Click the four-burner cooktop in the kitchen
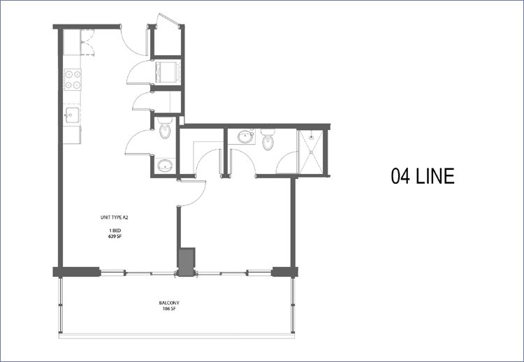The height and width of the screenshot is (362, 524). [x=73, y=79]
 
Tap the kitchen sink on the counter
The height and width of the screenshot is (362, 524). [x=72, y=115]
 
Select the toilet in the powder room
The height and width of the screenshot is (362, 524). [x=165, y=128]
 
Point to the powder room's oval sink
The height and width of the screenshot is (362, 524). [x=165, y=166]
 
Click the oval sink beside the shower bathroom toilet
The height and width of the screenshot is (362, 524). [x=247, y=136]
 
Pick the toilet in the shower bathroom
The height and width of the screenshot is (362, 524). [x=268, y=140]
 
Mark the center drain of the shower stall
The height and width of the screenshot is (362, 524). [x=311, y=152]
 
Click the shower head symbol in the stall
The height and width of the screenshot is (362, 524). [x=311, y=136]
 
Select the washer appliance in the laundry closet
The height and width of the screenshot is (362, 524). [x=168, y=72]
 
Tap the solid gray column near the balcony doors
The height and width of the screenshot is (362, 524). [x=187, y=262]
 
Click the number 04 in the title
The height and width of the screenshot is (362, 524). [x=400, y=176]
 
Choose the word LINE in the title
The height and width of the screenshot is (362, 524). [x=435, y=176]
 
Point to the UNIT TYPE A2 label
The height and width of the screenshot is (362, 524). [x=115, y=217]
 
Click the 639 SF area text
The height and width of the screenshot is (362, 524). [x=115, y=236]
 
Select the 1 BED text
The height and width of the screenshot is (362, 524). [x=115, y=231]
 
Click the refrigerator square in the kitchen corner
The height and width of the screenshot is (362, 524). [x=72, y=42]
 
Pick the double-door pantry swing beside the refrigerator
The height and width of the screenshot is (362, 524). [x=88, y=42]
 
